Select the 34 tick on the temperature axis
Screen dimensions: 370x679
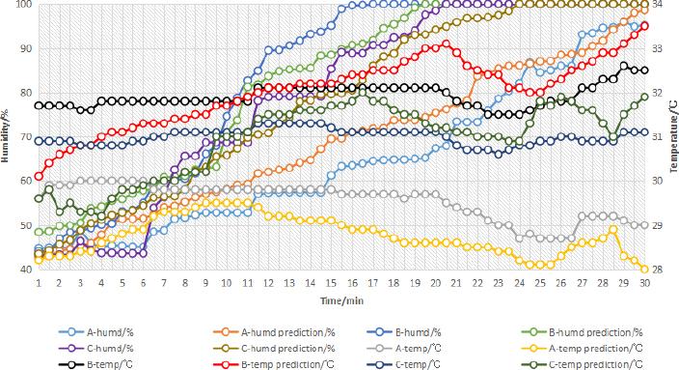[658, 5]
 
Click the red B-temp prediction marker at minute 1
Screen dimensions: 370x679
[39, 177]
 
